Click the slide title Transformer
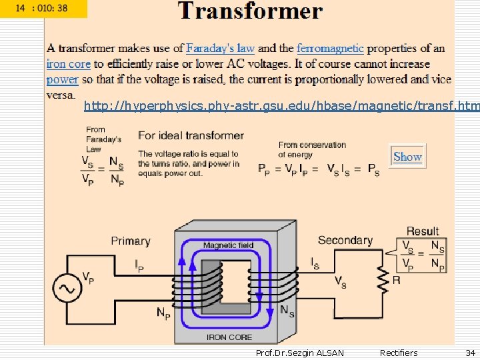click(250, 11)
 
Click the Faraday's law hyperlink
click(220, 48)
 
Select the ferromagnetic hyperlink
click(330, 48)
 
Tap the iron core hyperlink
click(68, 64)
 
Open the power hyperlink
click(62, 79)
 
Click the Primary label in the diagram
click(131, 241)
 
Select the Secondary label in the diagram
click(345, 240)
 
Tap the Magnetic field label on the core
click(228, 245)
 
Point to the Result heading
click(423, 231)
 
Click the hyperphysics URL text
click(281, 107)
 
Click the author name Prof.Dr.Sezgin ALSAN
click(300, 353)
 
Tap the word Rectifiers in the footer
click(398, 353)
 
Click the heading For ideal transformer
click(191, 135)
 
